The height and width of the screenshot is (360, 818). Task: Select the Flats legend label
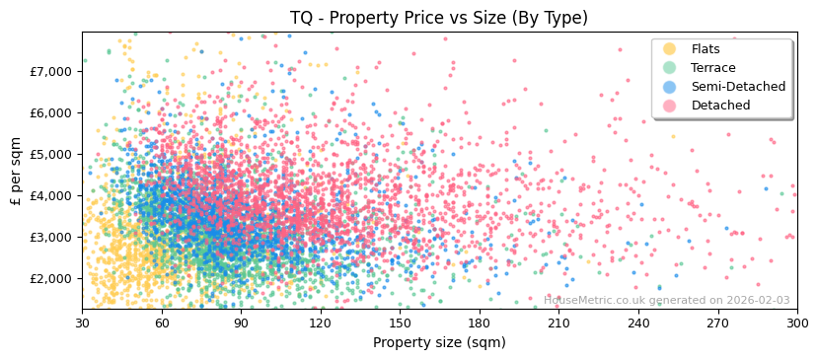pos(706,49)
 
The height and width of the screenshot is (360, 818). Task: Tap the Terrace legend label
pos(713,68)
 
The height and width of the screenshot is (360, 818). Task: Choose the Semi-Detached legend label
pos(738,87)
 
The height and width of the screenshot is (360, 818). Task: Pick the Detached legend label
pos(720,106)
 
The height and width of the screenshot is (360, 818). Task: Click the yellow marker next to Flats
pos(670,49)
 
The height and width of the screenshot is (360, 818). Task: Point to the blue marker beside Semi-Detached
pos(670,87)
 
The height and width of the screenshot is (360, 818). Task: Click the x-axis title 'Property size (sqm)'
pos(438,343)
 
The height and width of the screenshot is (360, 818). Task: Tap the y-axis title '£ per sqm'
pos(16,171)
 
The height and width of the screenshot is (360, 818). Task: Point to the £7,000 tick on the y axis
pos(51,71)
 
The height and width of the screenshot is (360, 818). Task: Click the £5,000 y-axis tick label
pos(51,154)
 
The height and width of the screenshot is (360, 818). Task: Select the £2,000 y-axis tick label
pos(51,278)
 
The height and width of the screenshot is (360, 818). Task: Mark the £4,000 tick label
pos(51,195)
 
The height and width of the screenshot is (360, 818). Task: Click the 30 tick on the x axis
pos(83,323)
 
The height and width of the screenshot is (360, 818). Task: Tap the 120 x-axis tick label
pos(321,323)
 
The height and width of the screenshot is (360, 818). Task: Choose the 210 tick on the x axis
pos(559,323)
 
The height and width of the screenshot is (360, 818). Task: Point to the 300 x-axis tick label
pos(797,323)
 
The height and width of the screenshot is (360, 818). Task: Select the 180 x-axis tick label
pos(480,323)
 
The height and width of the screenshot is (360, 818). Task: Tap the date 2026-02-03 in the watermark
pos(756,301)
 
